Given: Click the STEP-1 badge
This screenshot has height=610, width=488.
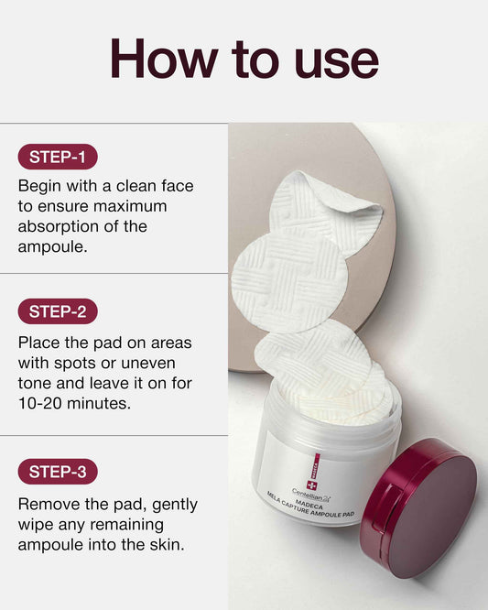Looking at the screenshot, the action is [x=58, y=157].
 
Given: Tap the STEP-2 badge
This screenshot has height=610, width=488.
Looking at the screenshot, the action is [x=58, y=311].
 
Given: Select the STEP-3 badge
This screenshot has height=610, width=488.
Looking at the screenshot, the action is [x=58, y=472].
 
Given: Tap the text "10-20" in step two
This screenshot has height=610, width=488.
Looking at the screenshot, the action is [x=40, y=403].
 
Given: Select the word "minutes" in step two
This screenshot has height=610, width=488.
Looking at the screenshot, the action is [x=99, y=403].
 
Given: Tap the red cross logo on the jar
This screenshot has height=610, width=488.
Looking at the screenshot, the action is [x=312, y=485].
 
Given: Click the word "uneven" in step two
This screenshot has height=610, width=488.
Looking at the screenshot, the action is [x=148, y=364].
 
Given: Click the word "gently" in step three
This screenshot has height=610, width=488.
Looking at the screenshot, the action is [x=175, y=505].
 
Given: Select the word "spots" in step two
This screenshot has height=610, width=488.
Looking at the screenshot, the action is [x=75, y=365].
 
